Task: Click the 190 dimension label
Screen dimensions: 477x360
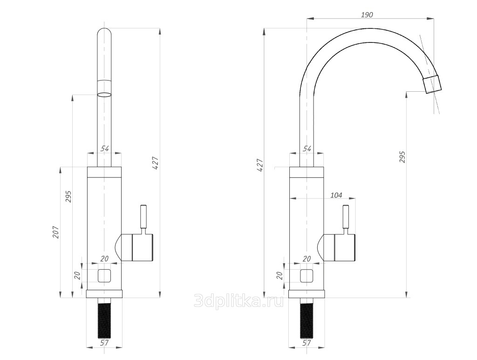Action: pos(367,14)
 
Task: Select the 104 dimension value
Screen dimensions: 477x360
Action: pos(336,195)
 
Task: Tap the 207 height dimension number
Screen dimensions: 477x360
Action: pos(56,232)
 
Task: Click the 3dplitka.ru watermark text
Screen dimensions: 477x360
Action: pos(239,301)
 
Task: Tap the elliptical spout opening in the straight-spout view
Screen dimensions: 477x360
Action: pos(104,95)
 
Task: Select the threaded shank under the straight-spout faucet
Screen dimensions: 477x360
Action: pos(104,319)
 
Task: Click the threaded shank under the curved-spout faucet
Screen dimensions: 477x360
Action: pos(307,319)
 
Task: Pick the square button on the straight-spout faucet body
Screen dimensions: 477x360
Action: pos(104,276)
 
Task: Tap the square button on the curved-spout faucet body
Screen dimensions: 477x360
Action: pos(307,276)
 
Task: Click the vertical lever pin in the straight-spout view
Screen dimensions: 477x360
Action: pos(143,217)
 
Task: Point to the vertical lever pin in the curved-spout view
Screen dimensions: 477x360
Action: pos(346,217)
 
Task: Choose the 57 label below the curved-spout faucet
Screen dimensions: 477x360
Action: pos(307,343)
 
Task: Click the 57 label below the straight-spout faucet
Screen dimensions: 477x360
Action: pos(104,343)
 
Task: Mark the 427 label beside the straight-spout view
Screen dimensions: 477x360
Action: pos(156,163)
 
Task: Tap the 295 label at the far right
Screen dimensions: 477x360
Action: pos(402,157)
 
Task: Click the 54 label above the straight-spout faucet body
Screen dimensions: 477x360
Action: pos(105,149)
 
